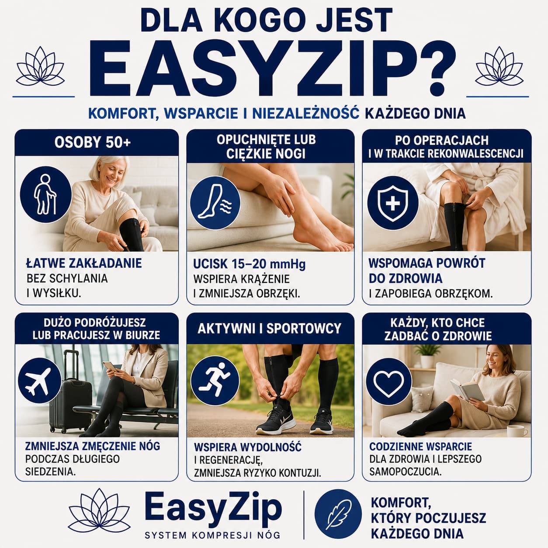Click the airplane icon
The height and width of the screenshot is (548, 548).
click(x=39, y=381)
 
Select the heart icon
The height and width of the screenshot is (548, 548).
click(x=389, y=382)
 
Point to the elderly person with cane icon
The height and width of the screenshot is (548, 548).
click(x=45, y=194)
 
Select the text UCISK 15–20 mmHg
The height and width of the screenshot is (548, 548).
click(x=250, y=264)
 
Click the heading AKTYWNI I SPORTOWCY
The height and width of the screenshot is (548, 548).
click(x=269, y=329)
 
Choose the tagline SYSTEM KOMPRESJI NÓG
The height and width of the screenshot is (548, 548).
click(x=213, y=535)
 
